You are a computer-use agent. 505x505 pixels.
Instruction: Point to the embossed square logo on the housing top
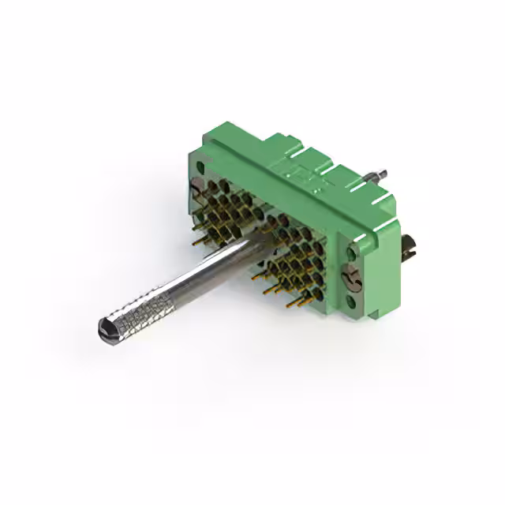[x=303, y=172]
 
